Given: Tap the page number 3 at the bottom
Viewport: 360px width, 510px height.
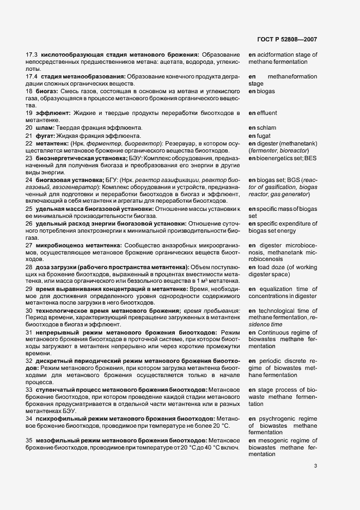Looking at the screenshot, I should pos(315,465).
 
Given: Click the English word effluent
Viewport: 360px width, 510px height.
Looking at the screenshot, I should pos(267,113).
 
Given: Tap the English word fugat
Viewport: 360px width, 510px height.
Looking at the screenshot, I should pos(264,135).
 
